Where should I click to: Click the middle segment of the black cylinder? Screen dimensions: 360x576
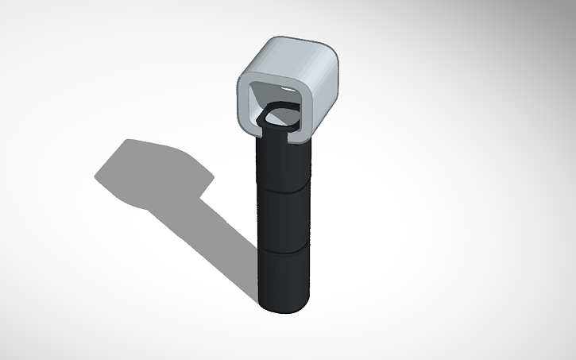tap(283, 219)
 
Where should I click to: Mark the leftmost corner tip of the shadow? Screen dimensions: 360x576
tap(96, 176)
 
